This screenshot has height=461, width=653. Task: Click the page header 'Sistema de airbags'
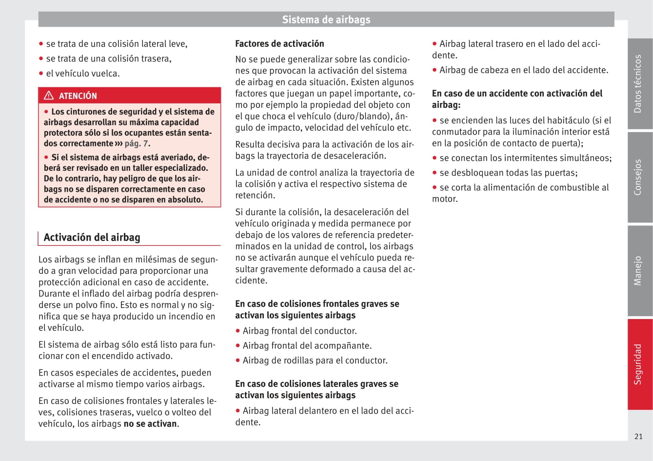coord(326,20)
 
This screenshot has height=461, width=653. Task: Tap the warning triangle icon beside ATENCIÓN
coord(49,96)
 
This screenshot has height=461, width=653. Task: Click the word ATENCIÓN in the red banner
coord(78,96)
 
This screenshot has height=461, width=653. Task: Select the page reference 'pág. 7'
coord(137,143)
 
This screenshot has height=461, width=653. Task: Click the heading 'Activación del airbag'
coord(92,238)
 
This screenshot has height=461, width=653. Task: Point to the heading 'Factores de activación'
coord(279,43)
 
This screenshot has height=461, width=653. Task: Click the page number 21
coord(638,436)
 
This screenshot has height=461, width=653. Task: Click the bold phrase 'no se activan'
coord(150,423)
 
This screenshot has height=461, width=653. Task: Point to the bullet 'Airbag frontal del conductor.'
coord(299,331)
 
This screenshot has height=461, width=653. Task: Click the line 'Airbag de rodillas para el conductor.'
coord(315,361)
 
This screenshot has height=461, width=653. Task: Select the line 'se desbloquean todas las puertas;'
coord(508,173)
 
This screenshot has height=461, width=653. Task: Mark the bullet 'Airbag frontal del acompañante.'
coord(307,345)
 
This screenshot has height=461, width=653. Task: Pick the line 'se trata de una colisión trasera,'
coord(109,59)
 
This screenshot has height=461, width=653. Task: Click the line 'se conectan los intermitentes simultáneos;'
coord(525,158)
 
